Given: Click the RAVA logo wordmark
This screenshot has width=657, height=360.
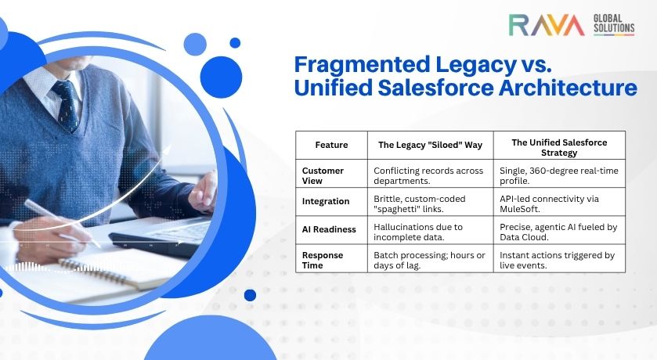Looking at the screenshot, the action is (x=547, y=25).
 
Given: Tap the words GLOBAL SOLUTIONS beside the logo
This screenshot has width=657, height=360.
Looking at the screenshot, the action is (x=614, y=23).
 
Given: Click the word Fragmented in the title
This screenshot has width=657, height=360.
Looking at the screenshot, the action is (x=363, y=65).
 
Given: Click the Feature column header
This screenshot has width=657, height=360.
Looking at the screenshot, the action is (x=331, y=145).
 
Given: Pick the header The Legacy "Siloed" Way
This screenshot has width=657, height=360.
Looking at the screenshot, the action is (x=431, y=145).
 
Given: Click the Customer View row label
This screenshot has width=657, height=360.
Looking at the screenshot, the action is (x=323, y=176).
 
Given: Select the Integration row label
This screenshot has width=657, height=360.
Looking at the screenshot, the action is (x=326, y=201).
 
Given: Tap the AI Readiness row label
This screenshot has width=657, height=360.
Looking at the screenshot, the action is (x=329, y=229).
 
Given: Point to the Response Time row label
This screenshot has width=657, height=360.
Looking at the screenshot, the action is (x=322, y=261).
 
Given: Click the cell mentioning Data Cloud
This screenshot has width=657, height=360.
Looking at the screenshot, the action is (x=558, y=232).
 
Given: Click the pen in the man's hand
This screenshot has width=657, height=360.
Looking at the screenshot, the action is (x=62, y=223).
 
